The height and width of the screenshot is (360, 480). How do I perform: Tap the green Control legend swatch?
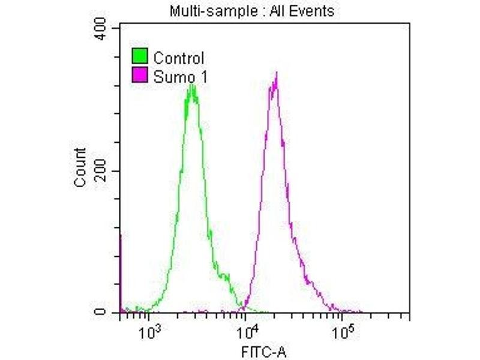(x=140, y=58)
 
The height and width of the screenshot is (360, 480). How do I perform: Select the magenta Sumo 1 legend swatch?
(x=140, y=76)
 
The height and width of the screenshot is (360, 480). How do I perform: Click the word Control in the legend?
(x=179, y=58)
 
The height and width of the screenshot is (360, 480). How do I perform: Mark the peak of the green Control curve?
(x=191, y=86)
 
